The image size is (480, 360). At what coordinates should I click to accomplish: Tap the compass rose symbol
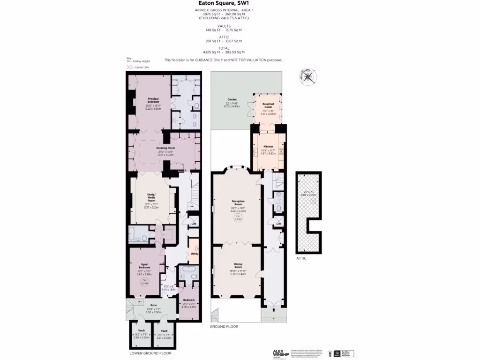(x=307, y=77)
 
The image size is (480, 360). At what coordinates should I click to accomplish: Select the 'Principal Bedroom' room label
(x=153, y=100)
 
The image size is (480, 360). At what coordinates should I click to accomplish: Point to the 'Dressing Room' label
(x=165, y=148)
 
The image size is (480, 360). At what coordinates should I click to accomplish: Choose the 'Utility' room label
(x=195, y=254)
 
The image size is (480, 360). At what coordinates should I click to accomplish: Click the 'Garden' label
(x=232, y=100)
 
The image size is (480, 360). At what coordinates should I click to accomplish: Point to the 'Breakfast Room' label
(x=268, y=105)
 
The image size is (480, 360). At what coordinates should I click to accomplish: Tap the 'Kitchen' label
(x=268, y=147)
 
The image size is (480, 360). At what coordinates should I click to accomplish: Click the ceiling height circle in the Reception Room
(x=238, y=217)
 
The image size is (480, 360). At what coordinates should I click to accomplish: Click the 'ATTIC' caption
(x=302, y=258)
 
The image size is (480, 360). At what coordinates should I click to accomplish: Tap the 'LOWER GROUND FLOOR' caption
(x=150, y=353)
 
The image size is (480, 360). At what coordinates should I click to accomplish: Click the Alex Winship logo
(x=281, y=353)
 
